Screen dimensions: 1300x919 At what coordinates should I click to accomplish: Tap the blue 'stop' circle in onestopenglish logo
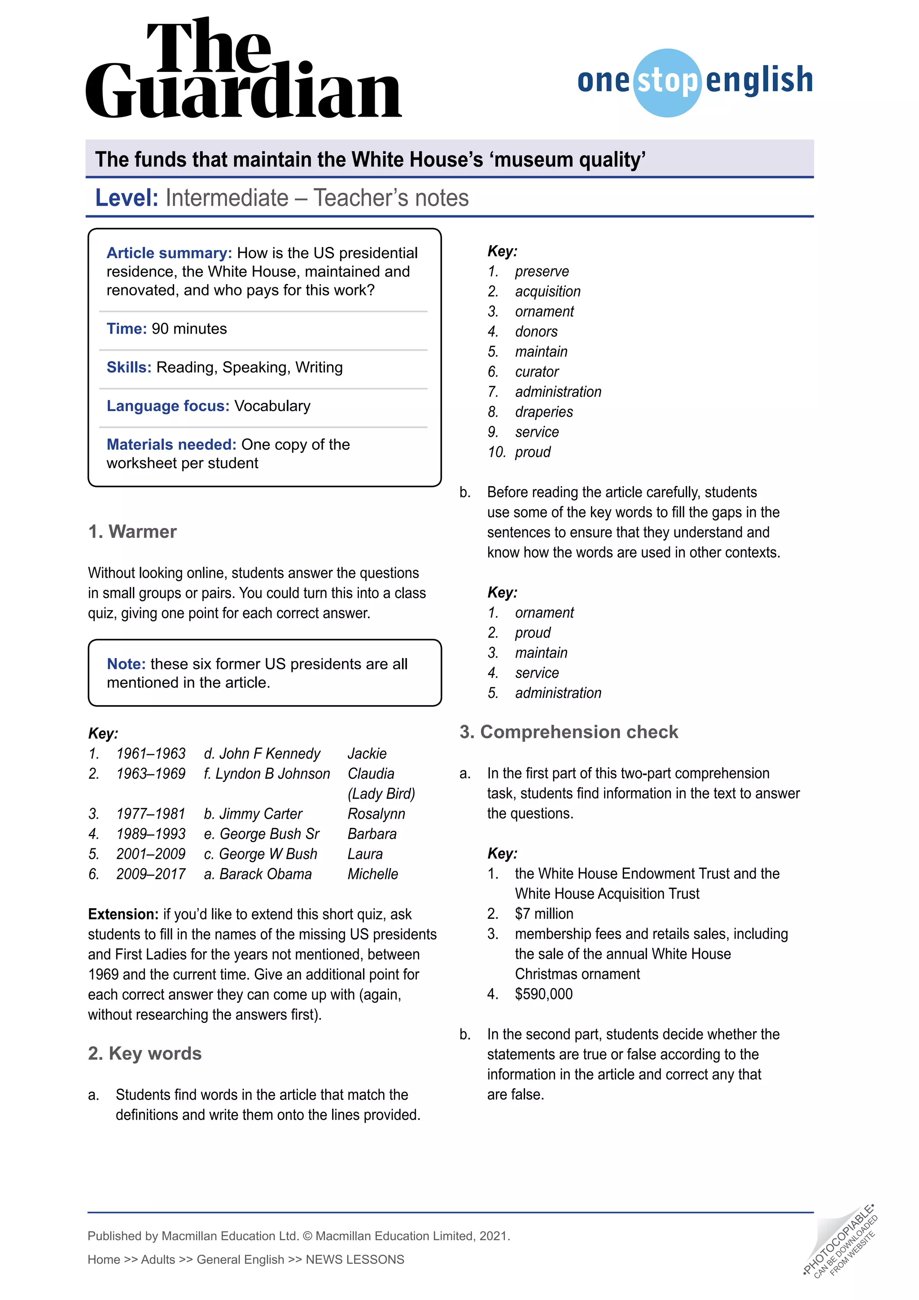coord(668,83)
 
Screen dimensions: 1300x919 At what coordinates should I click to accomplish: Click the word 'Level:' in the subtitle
coord(126,198)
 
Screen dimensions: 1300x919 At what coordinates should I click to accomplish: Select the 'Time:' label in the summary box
coord(126,329)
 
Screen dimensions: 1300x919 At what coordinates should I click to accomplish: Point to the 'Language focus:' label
coord(167,406)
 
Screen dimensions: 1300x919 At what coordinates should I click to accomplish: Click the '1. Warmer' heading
coord(132,531)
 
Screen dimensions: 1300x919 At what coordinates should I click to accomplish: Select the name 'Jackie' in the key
coord(367,754)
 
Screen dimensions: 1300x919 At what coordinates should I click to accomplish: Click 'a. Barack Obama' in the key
coord(258,874)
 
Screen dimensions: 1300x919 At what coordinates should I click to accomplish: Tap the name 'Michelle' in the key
coord(372,874)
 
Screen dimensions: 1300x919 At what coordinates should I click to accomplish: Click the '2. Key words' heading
coord(145,1053)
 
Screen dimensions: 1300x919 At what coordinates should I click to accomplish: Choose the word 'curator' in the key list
coord(537,372)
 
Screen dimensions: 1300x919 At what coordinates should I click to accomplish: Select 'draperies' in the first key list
coord(543,412)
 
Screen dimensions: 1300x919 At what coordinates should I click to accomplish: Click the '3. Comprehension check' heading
coord(568,732)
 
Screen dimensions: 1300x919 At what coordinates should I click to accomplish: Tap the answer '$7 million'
coord(543,914)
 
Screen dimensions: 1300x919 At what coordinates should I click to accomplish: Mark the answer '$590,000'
coord(543,994)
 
